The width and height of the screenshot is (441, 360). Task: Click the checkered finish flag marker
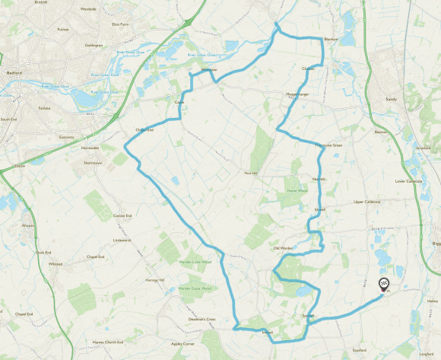(383, 284)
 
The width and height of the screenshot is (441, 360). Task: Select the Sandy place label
(392, 99)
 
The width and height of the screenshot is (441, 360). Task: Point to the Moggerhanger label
(297, 95)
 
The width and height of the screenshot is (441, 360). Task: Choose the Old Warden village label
(283, 248)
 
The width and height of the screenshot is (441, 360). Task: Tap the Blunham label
(331, 39)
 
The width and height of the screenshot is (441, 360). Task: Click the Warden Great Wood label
(195, 288)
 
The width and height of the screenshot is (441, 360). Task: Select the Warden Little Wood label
(194, 262)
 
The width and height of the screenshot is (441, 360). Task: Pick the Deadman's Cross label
(201, 319)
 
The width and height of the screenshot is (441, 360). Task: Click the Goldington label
(94, 45)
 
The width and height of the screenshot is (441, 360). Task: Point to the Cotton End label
(122, 216)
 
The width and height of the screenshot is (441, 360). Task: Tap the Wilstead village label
(56, 264)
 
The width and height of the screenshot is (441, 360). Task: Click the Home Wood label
(297, 190)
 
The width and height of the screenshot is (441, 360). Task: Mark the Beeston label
(382, 132)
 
